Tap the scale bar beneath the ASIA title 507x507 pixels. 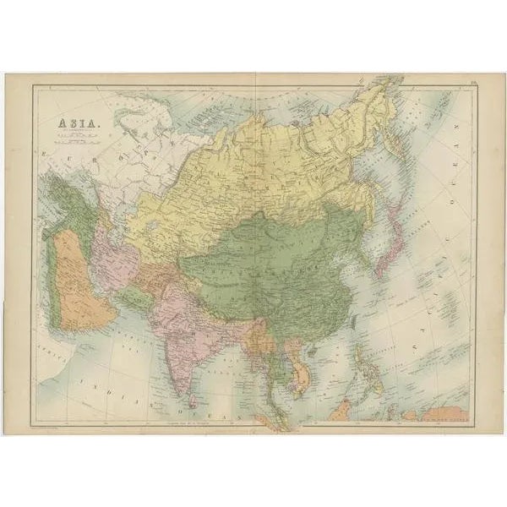pyautogui.click(x=74, y=144)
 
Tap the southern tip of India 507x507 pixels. pyautogui.click(x=190, y=372)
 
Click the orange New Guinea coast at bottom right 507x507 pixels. pyautogui.click(x=448, y=413)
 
